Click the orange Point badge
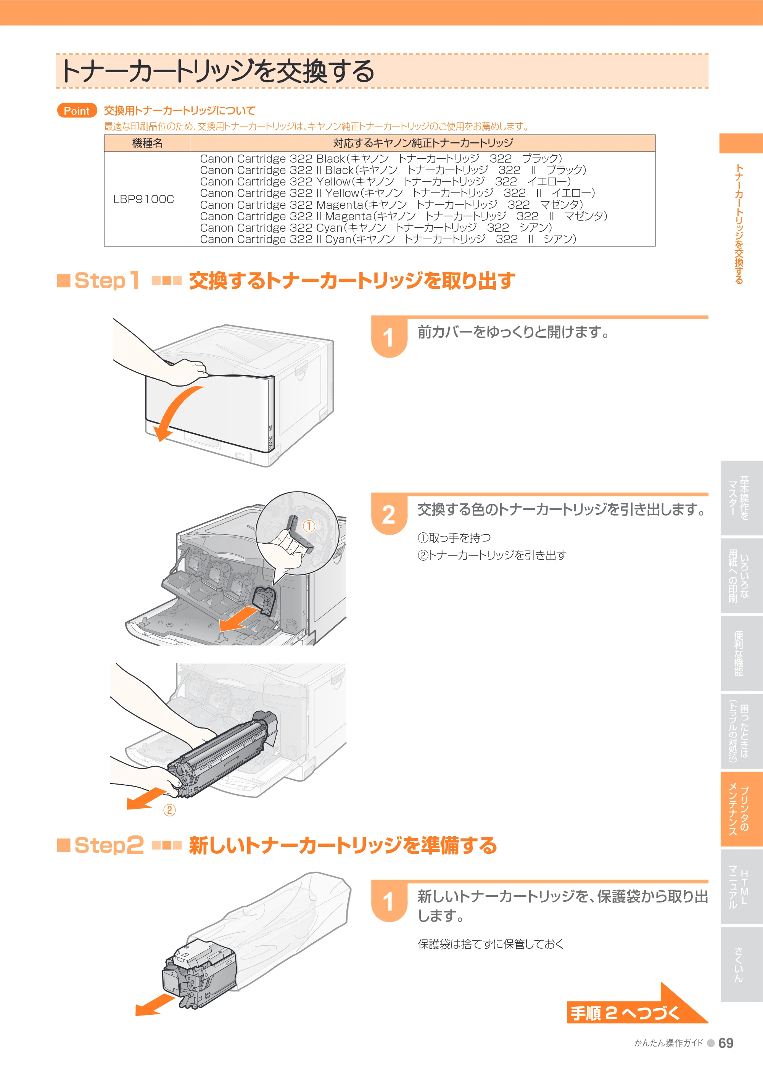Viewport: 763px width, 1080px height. (77, 111)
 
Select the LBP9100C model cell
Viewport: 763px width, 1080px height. (144, 199)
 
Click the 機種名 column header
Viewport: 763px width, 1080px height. (148, 143)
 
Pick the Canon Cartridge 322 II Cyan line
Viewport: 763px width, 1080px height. (388, 239)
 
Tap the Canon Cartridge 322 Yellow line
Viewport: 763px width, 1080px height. (385, 182)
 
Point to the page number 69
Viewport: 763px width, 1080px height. (726, 1043)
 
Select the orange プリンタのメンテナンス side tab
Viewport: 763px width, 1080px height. (741, 809)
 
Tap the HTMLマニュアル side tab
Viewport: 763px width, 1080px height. (741, 887)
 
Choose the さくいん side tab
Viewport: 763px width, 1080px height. (741, 964)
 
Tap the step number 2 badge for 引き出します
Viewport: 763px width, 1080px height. (389, 514)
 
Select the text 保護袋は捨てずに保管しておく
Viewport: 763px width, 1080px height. (490, 944)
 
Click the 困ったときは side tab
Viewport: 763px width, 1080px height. (741, 732)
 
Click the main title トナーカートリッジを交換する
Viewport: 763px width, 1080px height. (217, 71)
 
